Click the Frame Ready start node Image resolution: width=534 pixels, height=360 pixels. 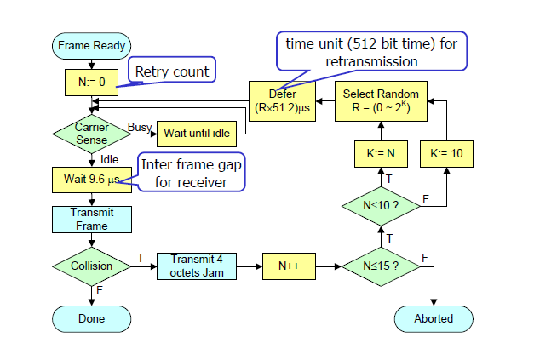point(91,46)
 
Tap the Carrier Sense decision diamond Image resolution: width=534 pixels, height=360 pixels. point(91,134)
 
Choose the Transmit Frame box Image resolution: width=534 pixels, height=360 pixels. point(91,220)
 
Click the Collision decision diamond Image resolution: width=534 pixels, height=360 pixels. point(91,266)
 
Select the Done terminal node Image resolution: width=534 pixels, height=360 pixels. point(91,318)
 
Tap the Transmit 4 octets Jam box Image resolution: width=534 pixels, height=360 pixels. point(197,266)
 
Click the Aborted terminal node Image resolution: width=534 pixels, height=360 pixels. point(434,318)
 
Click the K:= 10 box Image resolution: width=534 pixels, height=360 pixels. point(446,155)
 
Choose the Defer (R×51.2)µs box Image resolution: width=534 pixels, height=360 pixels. point(282,100)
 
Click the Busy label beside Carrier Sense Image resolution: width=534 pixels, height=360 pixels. point(139,127)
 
